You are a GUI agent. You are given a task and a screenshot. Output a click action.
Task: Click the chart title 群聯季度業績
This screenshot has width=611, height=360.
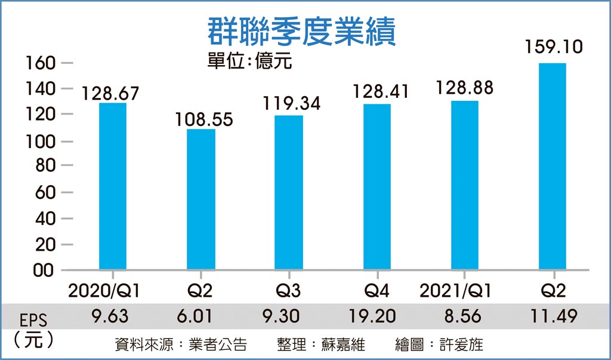click(301, 30)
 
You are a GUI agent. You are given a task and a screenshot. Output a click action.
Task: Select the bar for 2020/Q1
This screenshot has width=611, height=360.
click(113, 186)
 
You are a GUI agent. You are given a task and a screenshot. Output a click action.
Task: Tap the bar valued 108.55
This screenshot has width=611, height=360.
click(201, 199)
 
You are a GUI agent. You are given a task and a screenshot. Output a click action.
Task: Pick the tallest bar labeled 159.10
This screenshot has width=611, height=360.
click(552, 167)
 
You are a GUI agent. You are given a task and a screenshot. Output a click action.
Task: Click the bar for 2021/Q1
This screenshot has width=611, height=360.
click(464, 186)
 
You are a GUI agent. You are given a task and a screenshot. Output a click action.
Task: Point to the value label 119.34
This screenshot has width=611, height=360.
click(292, 103)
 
